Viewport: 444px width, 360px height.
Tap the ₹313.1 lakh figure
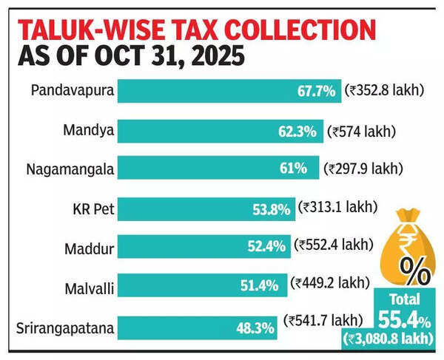(x=337, y=207)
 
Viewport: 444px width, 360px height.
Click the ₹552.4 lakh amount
(x=334, y=245)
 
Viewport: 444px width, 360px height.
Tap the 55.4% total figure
(x=405, y=319)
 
